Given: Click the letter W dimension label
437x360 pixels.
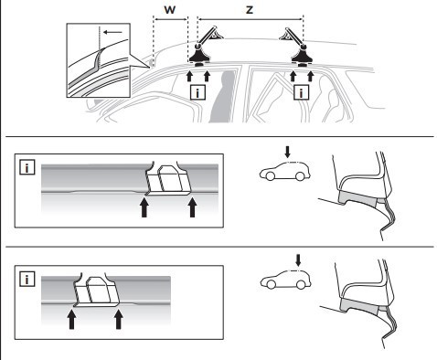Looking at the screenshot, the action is (x=170, y=10).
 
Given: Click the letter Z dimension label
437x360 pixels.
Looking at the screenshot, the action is (x=250, y=10).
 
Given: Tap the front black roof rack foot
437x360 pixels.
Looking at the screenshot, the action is (x=199, y=56).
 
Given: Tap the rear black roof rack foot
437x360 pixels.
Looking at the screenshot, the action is (x=302, y=56).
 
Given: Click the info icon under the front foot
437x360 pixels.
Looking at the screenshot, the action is (x=197, y=92).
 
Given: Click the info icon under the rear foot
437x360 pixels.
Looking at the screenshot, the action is (x=301, y=92).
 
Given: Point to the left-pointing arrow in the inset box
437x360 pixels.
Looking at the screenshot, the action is (x=112, y=32).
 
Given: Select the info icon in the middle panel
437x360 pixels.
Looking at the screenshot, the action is (x=27, y=167).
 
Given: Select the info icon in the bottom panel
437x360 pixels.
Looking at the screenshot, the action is (x=27, y=279).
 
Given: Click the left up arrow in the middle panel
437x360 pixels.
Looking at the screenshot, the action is (x=144, y=207).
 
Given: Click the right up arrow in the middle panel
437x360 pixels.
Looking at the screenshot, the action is (x=192, y=207).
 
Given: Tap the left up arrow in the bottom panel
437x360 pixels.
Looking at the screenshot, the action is (x=71, y=319).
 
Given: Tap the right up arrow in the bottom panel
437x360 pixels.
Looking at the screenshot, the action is (x=119, y=319).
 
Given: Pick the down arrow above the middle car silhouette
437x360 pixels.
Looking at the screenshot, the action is (x=287, y=152).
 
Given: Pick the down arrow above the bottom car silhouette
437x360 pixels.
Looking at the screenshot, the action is (x=298, y=260).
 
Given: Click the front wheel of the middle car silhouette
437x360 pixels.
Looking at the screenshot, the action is (x=270, y=176).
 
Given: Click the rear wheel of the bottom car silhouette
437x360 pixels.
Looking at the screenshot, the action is (x=301, y=284).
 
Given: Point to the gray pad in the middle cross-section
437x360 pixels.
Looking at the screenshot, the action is (x=357, y=199).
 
